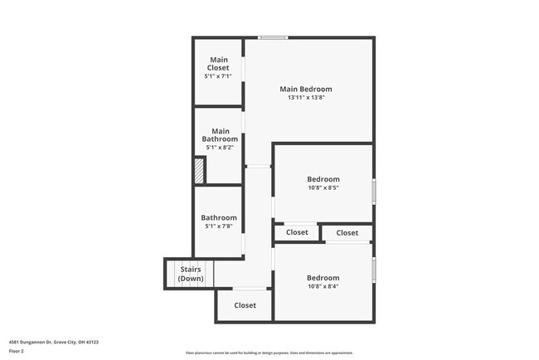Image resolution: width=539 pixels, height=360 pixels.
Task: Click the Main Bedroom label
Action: pos(305,89)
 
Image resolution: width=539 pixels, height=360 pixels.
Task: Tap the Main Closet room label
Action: pos(218,63)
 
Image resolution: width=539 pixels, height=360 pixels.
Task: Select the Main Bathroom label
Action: pos(220,135)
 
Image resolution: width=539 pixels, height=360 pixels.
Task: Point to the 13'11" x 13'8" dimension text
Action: pos(305,98)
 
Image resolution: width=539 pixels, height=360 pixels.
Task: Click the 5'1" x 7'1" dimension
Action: pos(218,76)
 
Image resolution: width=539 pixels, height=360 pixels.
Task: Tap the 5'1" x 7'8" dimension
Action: pos(218,226)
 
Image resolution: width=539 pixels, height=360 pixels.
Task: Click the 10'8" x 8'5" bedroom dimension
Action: pos(323,187)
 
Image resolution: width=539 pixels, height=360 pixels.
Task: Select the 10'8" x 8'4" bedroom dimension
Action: pos(323,287)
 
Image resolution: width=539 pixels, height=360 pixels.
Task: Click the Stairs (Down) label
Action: pos(191,274)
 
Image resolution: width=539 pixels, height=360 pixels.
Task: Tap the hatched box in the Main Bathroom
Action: pos(199,170)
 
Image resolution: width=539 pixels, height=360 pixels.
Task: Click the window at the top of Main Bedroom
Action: pos(272,37)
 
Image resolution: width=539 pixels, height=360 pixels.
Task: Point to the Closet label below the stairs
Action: pos(245,305)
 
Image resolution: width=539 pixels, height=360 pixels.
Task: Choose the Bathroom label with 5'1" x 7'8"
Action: pos(218,217)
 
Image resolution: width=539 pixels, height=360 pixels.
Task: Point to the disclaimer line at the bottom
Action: pos(269,353)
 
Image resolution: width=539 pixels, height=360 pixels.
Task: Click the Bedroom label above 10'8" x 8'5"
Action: pos(323,178)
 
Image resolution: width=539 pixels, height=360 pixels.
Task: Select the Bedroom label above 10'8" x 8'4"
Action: pos(323,278)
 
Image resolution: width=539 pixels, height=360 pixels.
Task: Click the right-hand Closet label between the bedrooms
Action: pos(347,233)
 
